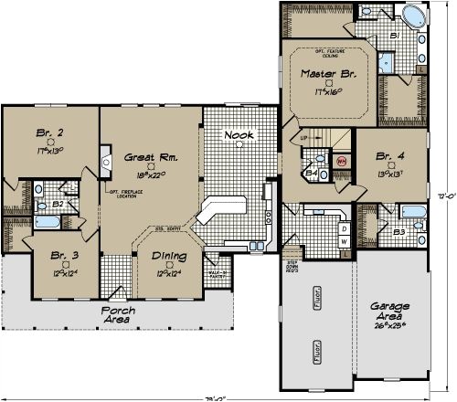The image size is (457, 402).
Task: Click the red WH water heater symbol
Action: [342, 160]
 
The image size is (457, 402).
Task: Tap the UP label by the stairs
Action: [305, 138]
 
